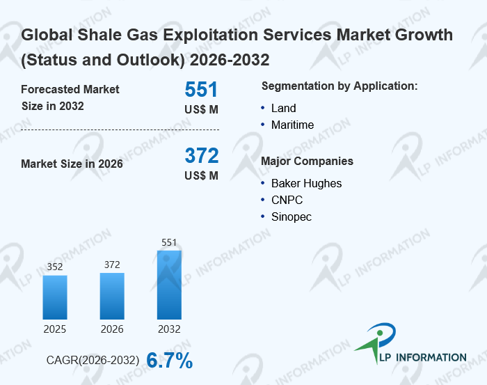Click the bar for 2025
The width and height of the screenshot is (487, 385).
coord(55,297)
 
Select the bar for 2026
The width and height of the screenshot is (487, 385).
coord(112,296)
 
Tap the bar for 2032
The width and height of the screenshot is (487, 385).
coord(169,285)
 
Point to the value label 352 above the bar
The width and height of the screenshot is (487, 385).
coord(55,267)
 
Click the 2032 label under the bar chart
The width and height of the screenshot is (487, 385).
coord(169,329)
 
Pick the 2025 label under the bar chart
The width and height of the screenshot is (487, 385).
coord(55,329)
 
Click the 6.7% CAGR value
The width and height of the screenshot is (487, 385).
coord(169,361)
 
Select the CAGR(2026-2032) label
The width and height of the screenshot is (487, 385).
coord(93,361)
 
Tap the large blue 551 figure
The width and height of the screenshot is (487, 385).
coord(201,90)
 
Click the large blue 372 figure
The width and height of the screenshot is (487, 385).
coord(201,155)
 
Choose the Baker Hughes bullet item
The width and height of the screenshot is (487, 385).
coord(306,184)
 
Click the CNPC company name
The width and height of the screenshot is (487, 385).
coord(287,201)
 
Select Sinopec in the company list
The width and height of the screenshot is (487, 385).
coord(292,217)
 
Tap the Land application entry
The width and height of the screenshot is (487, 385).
coord(284,109)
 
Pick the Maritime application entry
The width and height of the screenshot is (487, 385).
coord(292,125)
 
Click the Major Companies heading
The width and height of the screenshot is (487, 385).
coord(307,162)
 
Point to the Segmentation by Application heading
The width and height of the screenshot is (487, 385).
coord(340,86)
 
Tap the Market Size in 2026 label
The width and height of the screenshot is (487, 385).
coord(72,164)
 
